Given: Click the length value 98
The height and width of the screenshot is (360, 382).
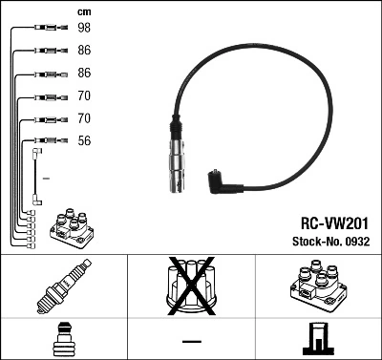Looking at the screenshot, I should [84, 29].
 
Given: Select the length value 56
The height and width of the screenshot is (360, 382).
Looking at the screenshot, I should [84, 141].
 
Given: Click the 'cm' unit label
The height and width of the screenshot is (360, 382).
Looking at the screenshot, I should [84, 11].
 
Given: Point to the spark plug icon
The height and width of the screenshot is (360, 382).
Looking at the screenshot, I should [63, 287].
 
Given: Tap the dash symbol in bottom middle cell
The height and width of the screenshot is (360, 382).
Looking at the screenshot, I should [191, 340].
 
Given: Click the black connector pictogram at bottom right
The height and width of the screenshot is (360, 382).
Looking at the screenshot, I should [318, 339].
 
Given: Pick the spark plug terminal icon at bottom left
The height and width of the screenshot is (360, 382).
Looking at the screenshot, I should [63, 339].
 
